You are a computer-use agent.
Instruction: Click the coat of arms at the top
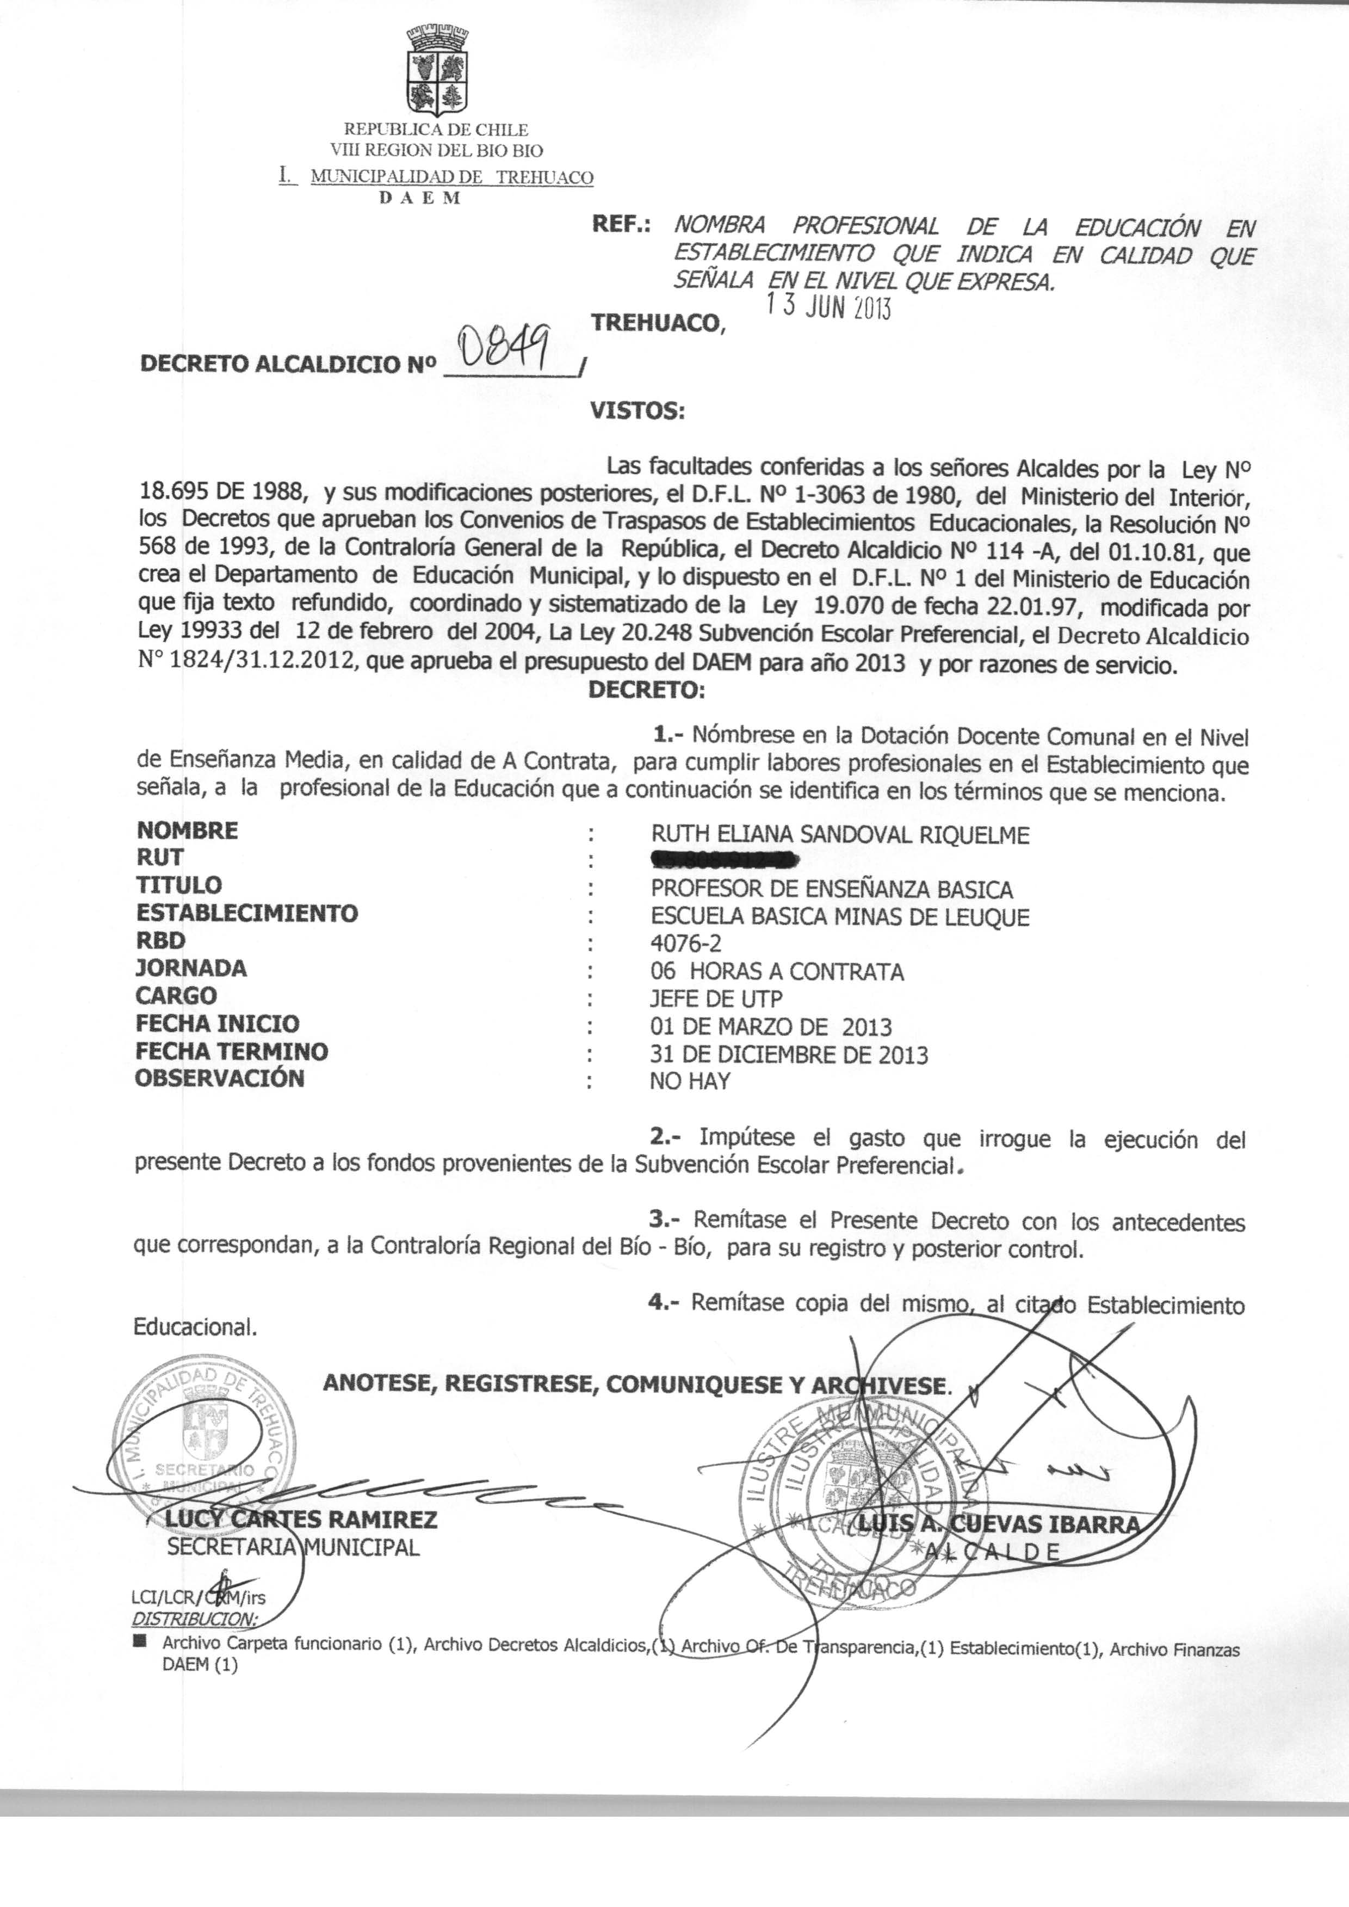tap(436, 72)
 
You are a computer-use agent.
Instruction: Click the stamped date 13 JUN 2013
tap(828, 306)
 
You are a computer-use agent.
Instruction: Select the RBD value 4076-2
tap(686, 943)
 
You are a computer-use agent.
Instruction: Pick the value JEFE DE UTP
tap(716, 998)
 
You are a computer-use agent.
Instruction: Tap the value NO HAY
tap(689, 1081)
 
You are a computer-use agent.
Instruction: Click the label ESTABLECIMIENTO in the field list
tap(247, 913)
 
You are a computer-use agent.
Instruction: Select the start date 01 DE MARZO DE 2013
tap(771, 1027)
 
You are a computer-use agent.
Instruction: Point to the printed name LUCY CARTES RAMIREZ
tap(301, 1520)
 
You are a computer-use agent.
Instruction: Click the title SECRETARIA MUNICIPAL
tap(293, 1547)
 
